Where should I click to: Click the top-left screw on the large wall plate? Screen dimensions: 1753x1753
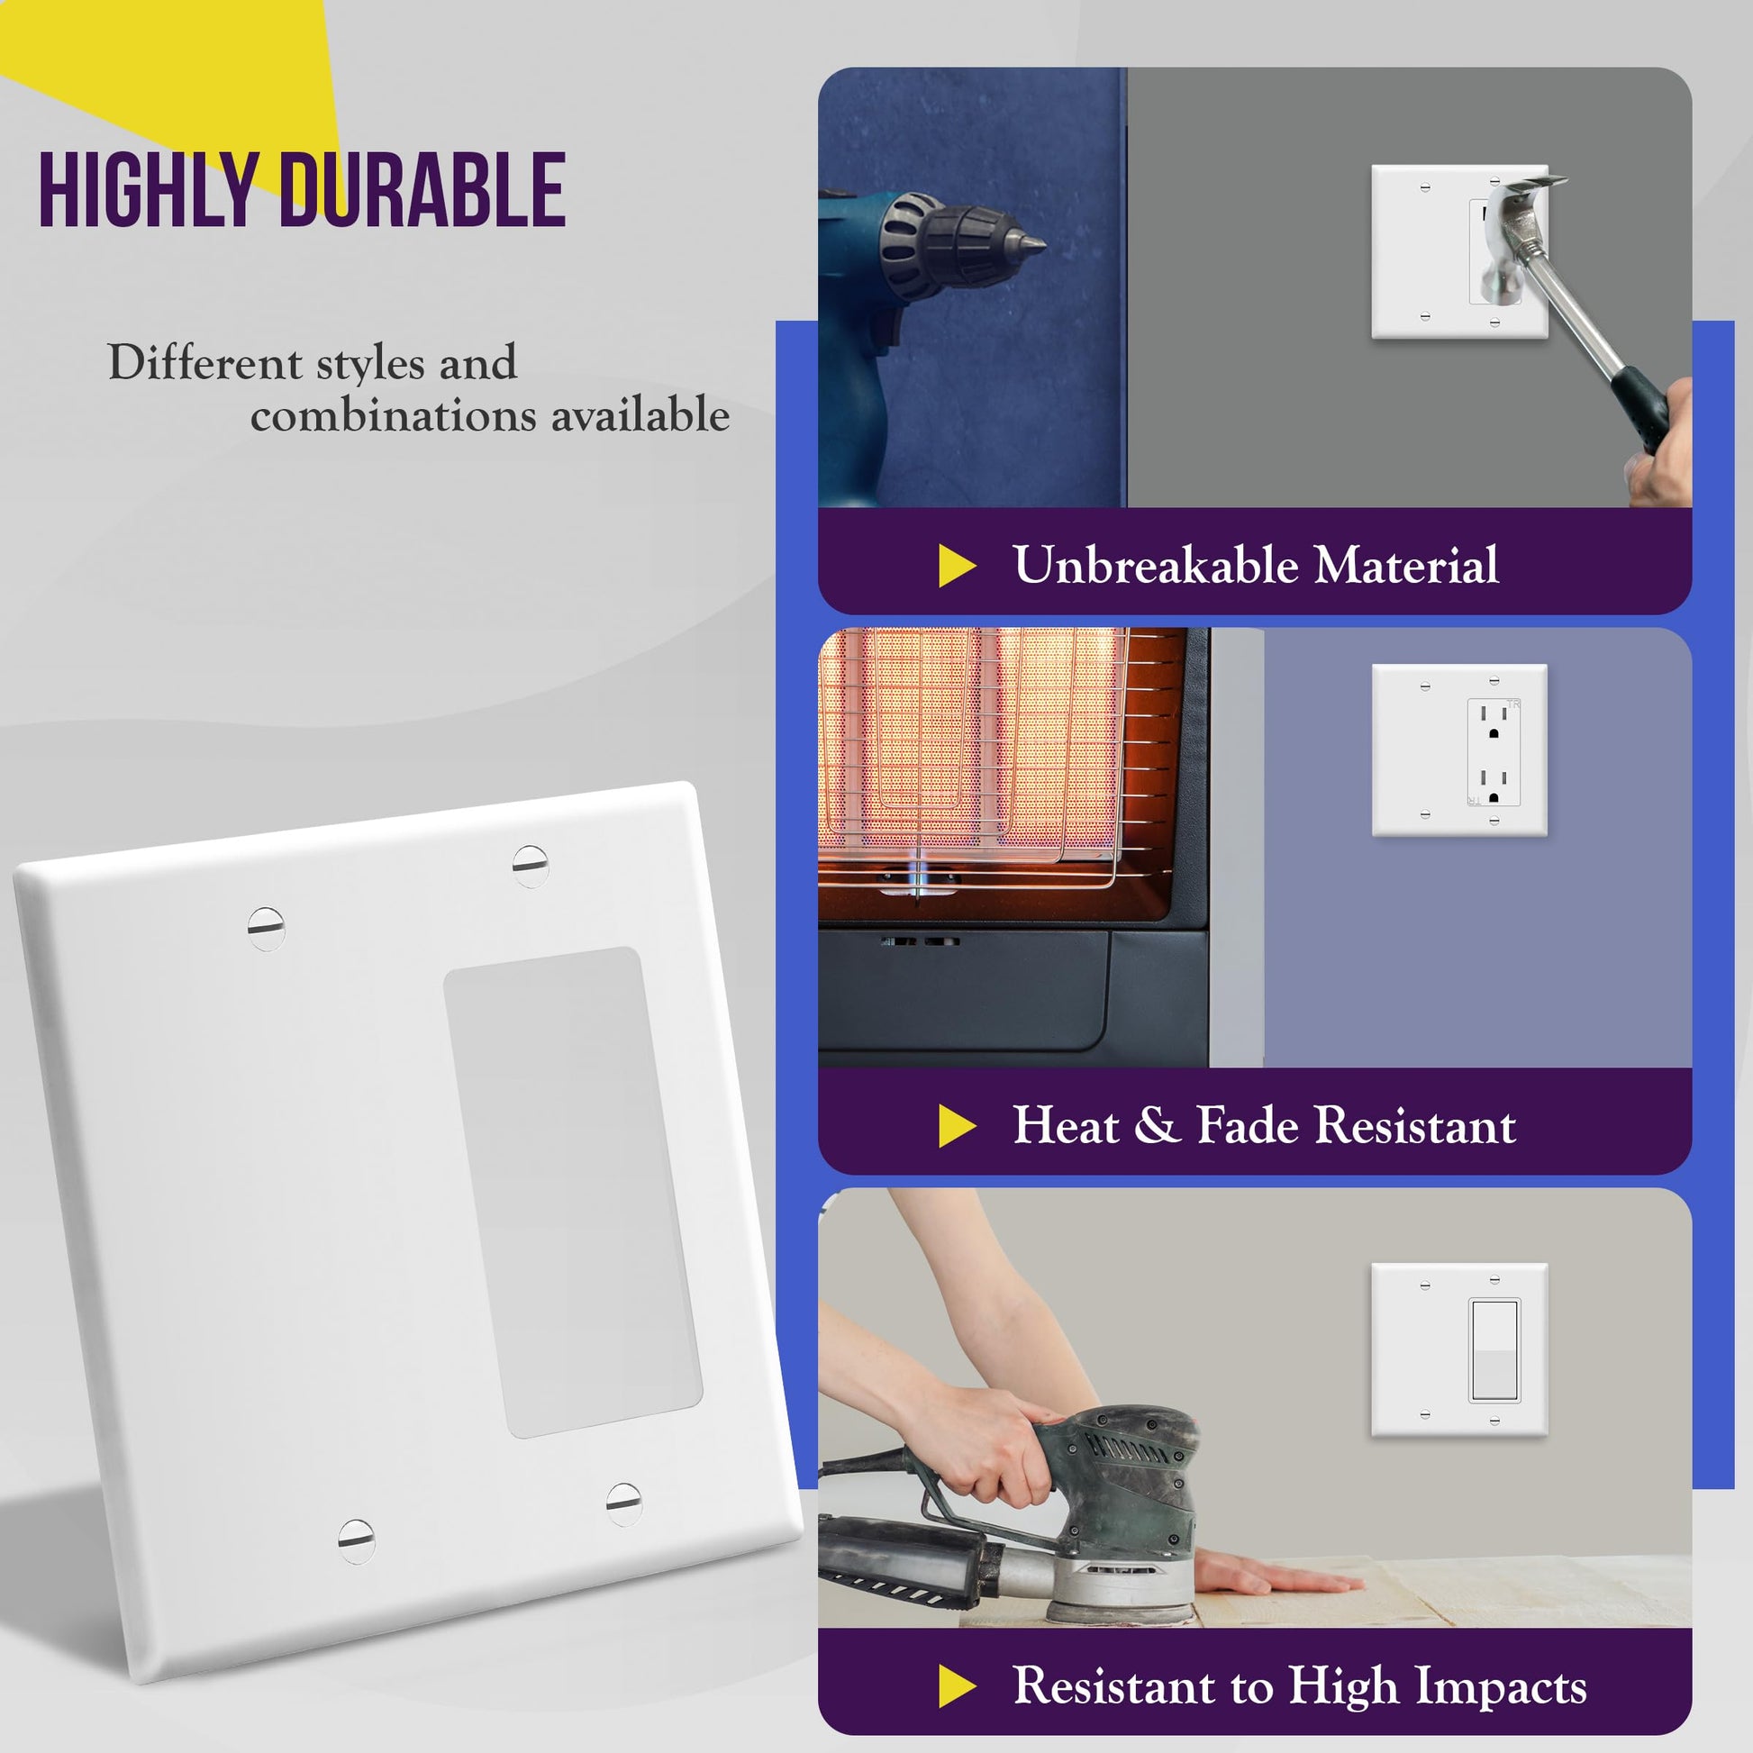coord(266,928)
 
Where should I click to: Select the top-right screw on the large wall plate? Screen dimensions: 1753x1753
coord(531,866)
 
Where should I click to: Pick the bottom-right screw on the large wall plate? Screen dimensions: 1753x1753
coord(623,1504)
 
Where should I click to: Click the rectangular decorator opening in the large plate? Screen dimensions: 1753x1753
coord(573,1194)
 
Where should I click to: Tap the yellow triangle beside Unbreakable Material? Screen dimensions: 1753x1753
coord(957,566)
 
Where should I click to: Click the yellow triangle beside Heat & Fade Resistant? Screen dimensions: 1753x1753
coord(957,1126)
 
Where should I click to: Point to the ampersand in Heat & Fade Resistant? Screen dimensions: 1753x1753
coord(1157,1125)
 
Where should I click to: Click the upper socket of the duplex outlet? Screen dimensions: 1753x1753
coord(1494,722)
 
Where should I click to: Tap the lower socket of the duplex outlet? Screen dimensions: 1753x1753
coord(1494,786)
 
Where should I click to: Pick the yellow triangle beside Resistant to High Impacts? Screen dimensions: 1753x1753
coord(957,1685)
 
